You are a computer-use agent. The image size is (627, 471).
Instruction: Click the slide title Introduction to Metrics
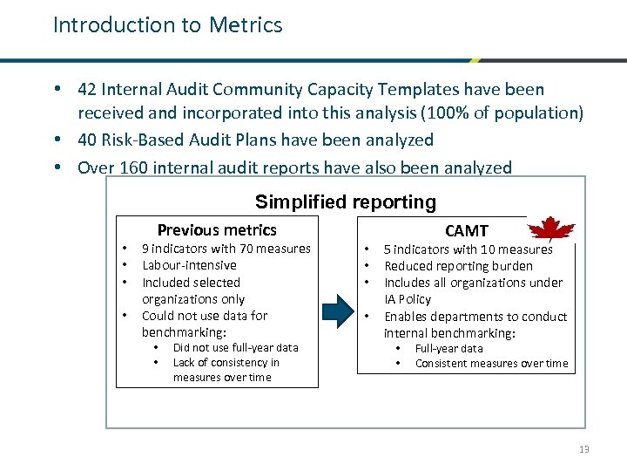(167, 25)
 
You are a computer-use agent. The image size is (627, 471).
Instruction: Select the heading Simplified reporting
(345, 202)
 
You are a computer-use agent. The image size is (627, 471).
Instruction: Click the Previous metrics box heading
(217, 230)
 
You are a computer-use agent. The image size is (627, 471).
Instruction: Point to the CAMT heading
(466, 231)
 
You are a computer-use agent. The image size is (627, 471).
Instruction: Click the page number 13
(583, 449)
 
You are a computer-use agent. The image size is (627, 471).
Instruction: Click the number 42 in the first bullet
(87, 90)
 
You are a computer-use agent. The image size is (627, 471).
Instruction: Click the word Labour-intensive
(189, 265)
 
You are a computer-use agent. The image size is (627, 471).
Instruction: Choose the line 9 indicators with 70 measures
(226, 249)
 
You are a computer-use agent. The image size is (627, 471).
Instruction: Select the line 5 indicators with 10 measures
(468, 249)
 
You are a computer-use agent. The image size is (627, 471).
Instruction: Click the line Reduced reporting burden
(458, 266)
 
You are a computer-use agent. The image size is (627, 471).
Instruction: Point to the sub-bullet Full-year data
(448, 348)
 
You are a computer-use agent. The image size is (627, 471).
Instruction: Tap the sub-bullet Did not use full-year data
(235, 347)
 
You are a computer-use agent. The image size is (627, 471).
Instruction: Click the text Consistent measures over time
(491, 364)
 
